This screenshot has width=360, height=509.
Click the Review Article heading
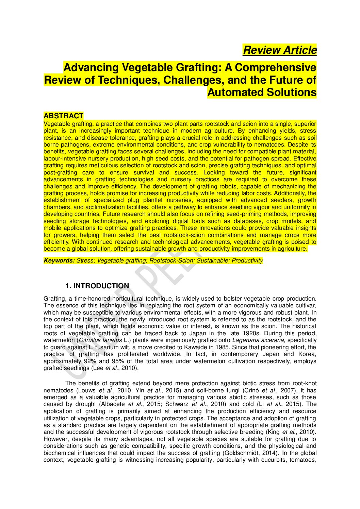pos(280,50)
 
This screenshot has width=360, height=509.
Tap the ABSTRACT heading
pos(63,116)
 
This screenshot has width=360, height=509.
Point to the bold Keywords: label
pos(59,260)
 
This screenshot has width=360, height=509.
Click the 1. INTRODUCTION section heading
pos(97,286)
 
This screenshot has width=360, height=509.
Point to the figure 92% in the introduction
pos(90,361)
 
